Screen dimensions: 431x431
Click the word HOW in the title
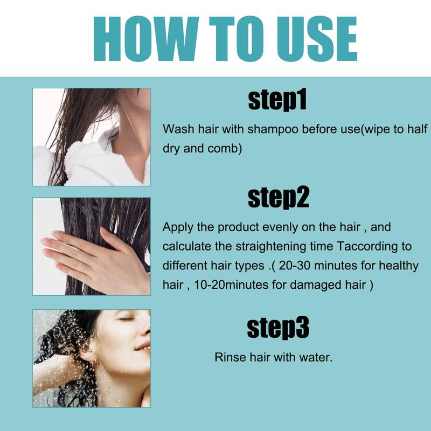pos(146,38)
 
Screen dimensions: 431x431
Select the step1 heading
pos(277,100)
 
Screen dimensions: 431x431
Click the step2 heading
pos(278,198)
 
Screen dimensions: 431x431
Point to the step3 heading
pos(278,328)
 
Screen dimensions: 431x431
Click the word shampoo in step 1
pos(273,130)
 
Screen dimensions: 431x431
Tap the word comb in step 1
pos(225,149)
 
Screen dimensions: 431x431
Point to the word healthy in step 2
pos(399,266)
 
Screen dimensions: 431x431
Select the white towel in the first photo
pos(93,162)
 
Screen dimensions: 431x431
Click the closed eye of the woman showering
pos(126,319)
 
